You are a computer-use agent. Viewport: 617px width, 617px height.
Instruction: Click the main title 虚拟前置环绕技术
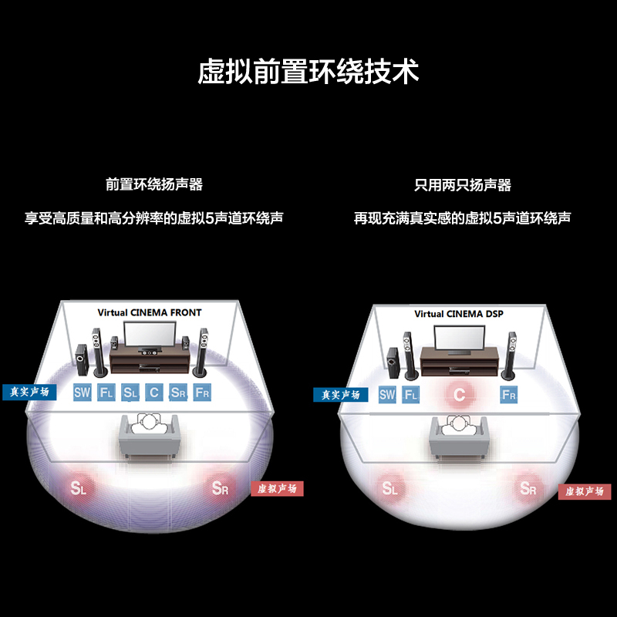coord(308,72)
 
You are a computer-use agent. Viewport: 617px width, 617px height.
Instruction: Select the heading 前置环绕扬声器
coord(154,184)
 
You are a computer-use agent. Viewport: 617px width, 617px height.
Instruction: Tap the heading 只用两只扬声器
coord(462,185)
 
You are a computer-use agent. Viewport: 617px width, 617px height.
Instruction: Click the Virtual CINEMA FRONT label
coord(150,312)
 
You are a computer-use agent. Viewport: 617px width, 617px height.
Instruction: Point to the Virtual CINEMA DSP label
coord(459,314)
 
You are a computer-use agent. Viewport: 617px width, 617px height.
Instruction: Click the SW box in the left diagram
coord(83,393)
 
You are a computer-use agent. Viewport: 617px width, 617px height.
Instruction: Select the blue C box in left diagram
coord(154,393)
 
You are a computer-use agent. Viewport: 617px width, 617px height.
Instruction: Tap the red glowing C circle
coord(459,394)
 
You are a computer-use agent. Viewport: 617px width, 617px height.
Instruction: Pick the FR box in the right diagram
coord(509,395)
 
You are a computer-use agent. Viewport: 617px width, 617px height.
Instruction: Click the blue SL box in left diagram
coord(130,393)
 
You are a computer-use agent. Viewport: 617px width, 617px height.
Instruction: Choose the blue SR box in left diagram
coord(178,393)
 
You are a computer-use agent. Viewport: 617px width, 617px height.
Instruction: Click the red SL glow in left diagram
coord(78,488)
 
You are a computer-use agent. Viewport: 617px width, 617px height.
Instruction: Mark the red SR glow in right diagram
coord(528,488)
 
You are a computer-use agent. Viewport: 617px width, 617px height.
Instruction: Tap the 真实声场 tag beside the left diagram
coord(29,392)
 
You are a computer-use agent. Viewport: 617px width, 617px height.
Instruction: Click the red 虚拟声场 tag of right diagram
coord(585,491)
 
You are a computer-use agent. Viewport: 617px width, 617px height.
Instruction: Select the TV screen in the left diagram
coord(150,334)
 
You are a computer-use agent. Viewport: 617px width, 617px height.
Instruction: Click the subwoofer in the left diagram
coord(81,359)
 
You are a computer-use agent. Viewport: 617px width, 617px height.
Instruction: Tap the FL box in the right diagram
coord(411,395)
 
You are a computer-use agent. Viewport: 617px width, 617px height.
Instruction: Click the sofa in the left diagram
coord(150,437)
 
